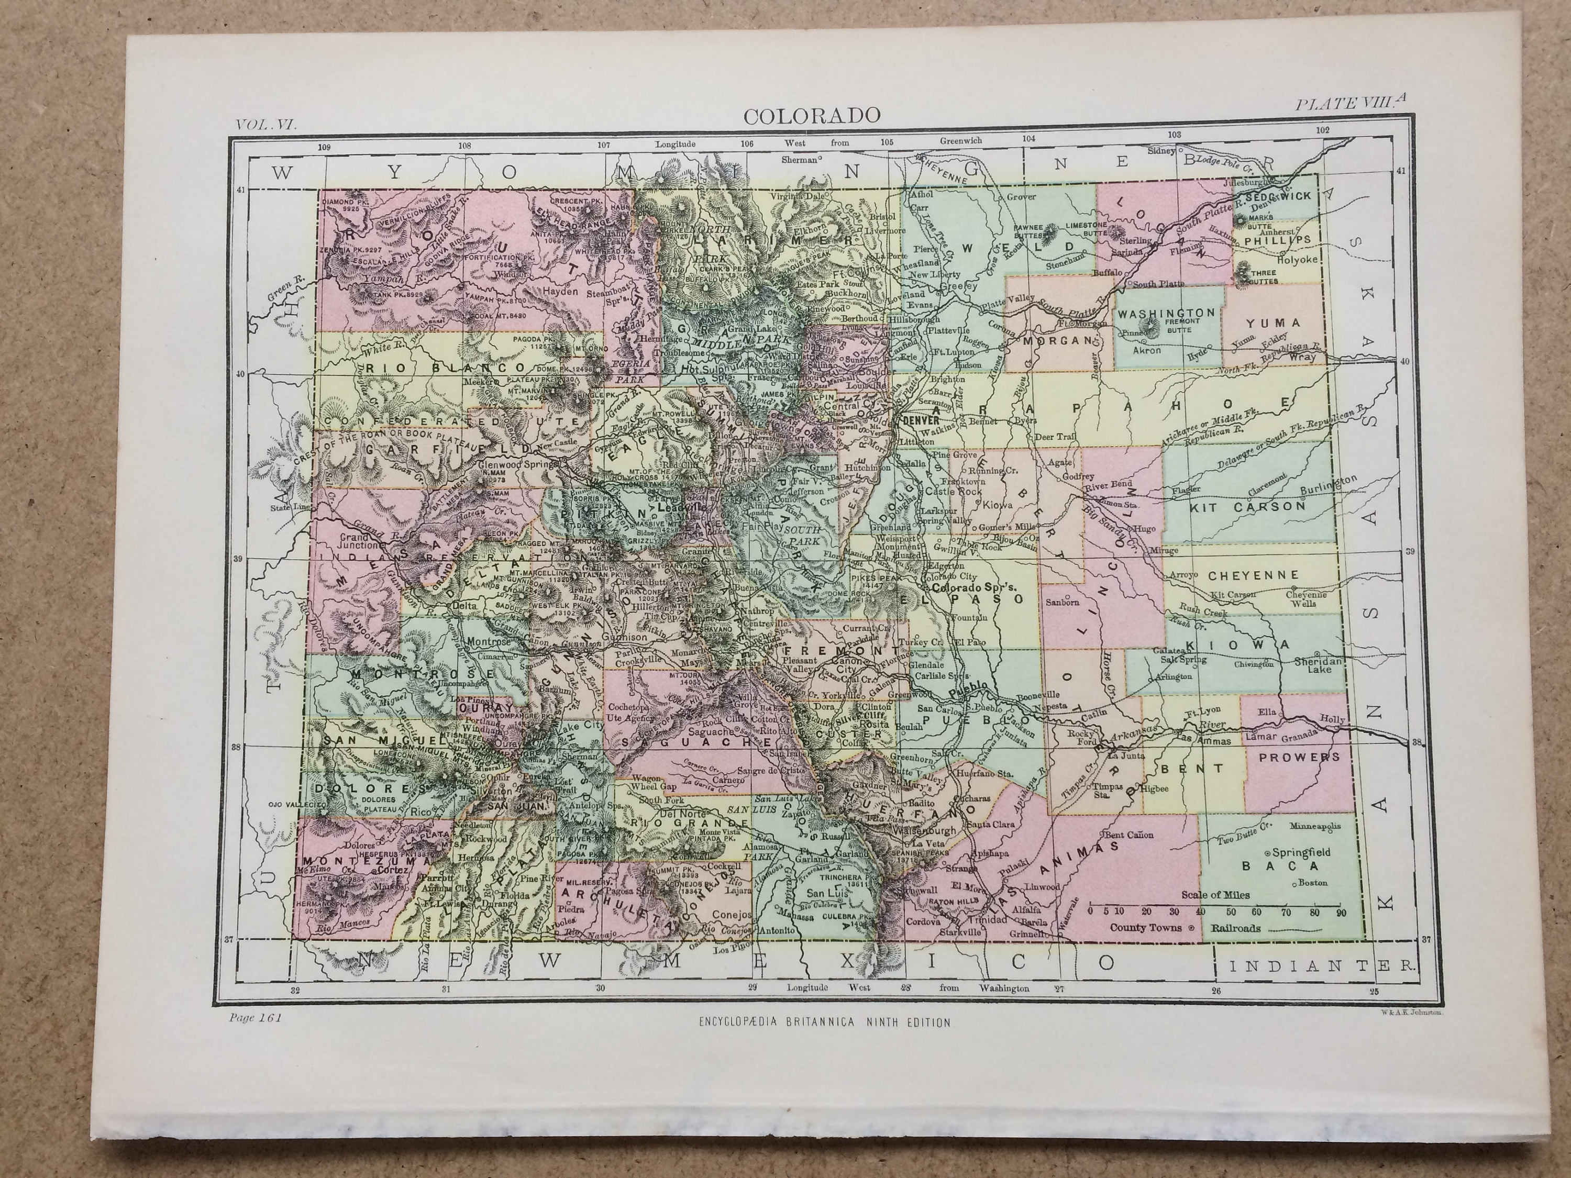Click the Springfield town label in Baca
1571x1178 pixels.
click(x=1301, y=851)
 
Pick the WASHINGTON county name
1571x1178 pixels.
click(x=1166, y=313)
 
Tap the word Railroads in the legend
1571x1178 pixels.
click(x=1236, y=927)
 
